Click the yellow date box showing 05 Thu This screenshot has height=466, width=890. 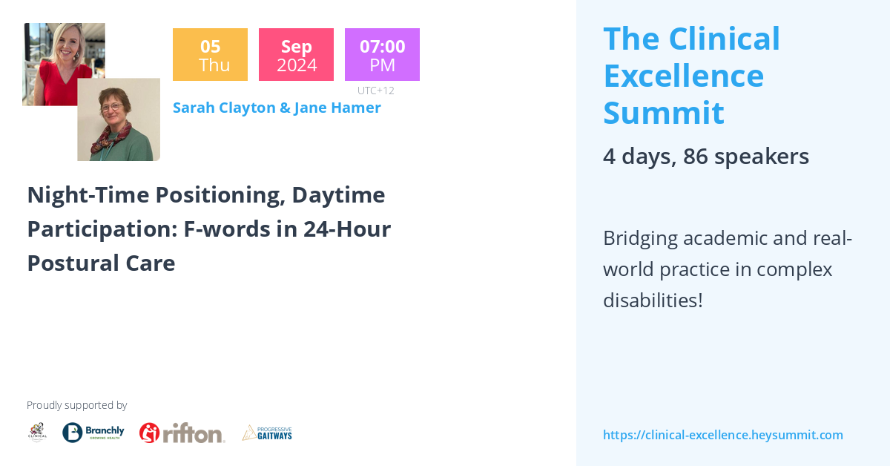click(x=210, y=55)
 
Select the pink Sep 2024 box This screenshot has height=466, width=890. click(x=296, y=55)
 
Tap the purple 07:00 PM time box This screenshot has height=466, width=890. click(x=382, y=55)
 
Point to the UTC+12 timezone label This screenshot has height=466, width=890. click(x=375, y=91)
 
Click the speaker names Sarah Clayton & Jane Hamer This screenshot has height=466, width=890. click(x=277, y=108)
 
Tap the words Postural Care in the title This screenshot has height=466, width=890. click(x=101, y=263)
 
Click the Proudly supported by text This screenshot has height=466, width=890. click(x=76, y=405)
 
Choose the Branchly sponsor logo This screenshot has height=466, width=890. click(x=93, y=432)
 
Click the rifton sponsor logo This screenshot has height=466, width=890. click(x=182, y=433)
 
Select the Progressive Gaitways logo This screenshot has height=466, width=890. click(x=267, y=433)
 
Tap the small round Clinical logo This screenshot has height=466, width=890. click(x=37, y=432)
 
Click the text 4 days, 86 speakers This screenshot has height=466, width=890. click(x=705, y=157)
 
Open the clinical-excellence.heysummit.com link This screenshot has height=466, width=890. click(x=722, y=435)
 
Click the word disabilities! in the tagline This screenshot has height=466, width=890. click(x=653, y=301)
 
